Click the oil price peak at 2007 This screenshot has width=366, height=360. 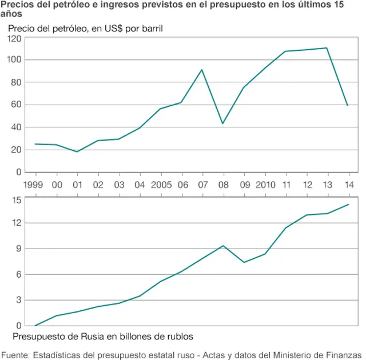[202, 70]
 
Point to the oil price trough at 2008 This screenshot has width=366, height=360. [222, 123]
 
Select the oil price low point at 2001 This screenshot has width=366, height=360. [77, 151]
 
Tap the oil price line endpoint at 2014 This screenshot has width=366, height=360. [348, 105]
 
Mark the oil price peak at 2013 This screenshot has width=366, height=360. [327, 48]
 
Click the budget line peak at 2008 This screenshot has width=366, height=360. [222, 246]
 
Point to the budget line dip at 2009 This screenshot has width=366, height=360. [244, 262]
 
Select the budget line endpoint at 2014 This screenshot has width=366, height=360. [348, 205]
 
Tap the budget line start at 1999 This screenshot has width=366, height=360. [35, 325]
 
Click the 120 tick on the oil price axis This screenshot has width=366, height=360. [15, 38]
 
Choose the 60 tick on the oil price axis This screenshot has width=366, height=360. [17, 105]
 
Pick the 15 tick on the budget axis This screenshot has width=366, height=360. [17, 199]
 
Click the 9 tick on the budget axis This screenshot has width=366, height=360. [19, 249]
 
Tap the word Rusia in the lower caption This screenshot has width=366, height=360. [94, 336]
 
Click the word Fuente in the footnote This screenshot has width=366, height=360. [15, 354]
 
